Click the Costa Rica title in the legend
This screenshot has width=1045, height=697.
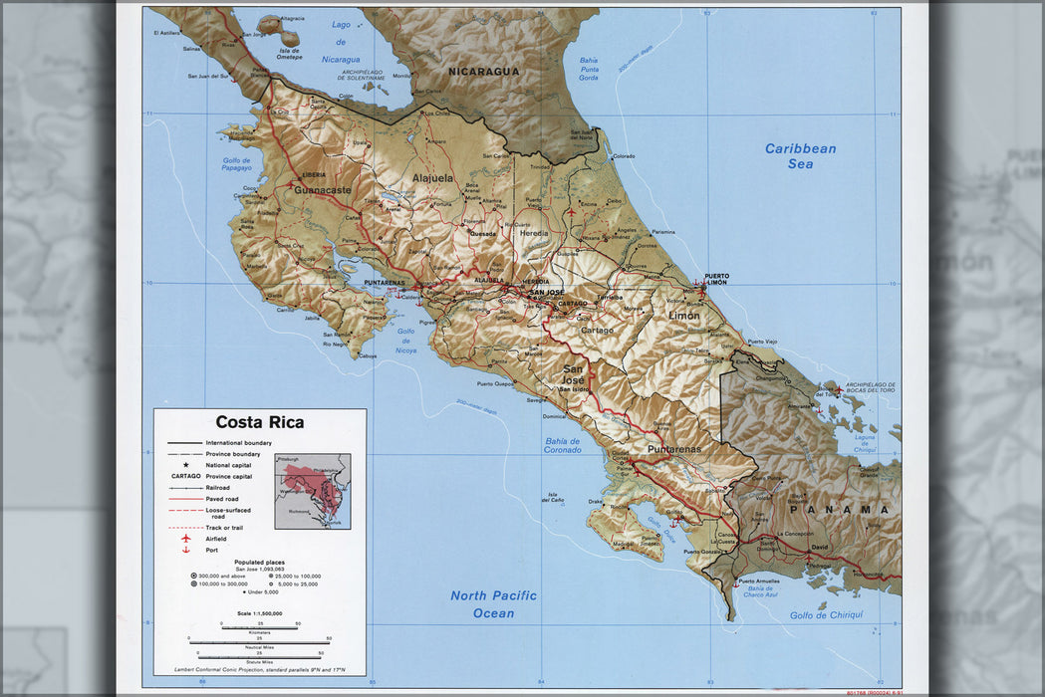[x=260, y=422]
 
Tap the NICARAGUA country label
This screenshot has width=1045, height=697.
[x=484, y=72]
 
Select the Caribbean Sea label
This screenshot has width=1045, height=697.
[x=801, y=156]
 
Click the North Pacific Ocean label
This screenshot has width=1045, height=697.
[x=494, y=604]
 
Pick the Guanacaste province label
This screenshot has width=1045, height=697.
[x=323, y=189]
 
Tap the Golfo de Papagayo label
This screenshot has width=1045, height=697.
[x=237, y=163]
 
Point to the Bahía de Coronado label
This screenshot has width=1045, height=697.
[x=563, y=445]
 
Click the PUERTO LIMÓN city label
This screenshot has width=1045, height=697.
[x=716, y=279]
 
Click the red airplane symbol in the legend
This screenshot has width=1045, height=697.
[x=185, y=539]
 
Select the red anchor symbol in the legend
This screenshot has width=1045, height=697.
[x=185, y=550]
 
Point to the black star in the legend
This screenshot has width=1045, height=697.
[x=185, y=465]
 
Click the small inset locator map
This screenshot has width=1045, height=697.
[x=313, y=491]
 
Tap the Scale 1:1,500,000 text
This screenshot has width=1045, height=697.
[x=259, y=613]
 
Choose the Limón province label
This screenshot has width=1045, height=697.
[x=683, y=316]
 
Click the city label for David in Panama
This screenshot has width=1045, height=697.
[x=820, y=548]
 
